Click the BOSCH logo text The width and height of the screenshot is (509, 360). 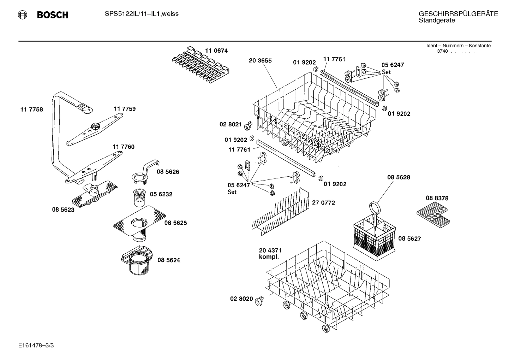(53, 15)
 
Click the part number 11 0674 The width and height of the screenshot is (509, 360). (216, 51)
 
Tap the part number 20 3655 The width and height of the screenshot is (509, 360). (260, 61)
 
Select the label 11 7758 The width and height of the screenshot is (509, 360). (32, 110)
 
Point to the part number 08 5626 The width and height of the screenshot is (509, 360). (168, 172)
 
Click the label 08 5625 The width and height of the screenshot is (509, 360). (175, 223)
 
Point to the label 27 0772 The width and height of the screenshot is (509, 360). (323, 203)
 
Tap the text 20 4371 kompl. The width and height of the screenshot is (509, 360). (270, 254)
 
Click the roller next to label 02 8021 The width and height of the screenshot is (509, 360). (248, 125)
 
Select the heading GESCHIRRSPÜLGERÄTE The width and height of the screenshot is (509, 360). (458, 14)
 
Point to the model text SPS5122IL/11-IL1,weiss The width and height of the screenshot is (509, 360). (142, 14)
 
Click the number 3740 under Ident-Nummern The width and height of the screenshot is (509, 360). (442, 52)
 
